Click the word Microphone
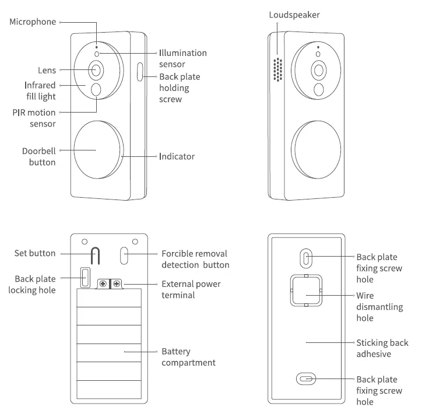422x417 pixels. coord(33,22)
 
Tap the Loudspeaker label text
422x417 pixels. coord(294,15)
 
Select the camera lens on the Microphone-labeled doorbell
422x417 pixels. coord(96,70)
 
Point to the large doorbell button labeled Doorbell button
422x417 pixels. coord(98,149)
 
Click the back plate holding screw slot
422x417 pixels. coord(140,72)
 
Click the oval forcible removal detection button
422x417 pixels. coord(125,255)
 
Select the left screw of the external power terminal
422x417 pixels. coord(103,283)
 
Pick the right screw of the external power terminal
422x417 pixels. coord(117,283)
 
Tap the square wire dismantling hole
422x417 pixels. coord(307,290)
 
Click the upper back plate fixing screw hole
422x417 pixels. coord(307,257)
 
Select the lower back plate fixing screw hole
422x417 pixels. coord(307,379)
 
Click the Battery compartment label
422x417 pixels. coord(188,357)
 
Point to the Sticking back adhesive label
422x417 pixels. coord(382,348)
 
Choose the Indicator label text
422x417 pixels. coord(177,156)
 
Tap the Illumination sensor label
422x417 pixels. coord(182,58)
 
